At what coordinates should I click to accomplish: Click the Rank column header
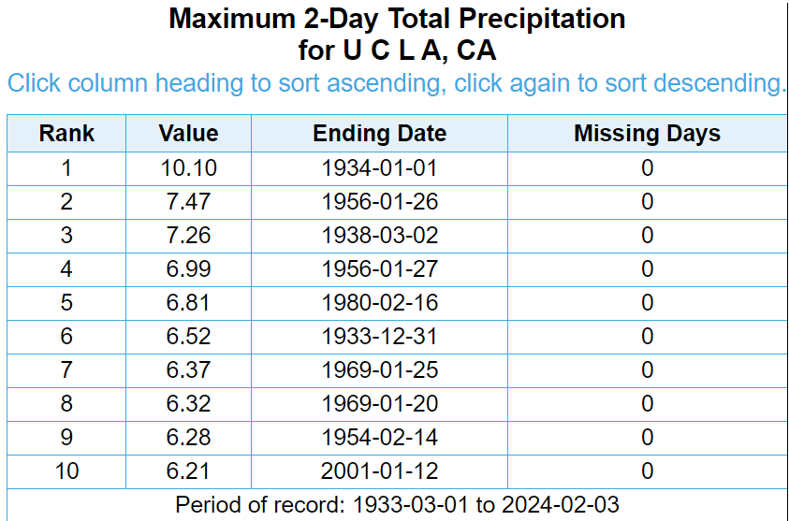coord(66,133)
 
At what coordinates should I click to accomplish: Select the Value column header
coord(188,133)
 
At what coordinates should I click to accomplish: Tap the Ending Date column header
coord(379,133)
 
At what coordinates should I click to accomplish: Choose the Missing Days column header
coord(647,133)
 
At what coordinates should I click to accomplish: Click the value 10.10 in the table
coord(188,168)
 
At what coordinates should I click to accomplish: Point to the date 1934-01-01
coord(379,168)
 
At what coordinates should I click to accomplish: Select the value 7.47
coord(188,202)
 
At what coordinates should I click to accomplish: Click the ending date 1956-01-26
coord(379,202)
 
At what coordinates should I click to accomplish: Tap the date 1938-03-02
coord(379,236)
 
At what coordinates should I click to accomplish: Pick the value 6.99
coord(188,269)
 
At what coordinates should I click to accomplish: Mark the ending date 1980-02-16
coord(379,303)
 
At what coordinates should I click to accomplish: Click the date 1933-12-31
coord(379,337)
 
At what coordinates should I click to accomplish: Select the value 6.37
coord(188,370)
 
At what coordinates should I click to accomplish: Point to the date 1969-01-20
coord(379,404)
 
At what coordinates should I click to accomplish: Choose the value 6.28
coord(188,438)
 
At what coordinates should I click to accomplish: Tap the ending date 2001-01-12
coord(379,471)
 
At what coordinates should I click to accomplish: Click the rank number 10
coord(66,471)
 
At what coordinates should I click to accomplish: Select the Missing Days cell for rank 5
coord(647,303)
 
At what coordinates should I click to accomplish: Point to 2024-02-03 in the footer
coord(560,504)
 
